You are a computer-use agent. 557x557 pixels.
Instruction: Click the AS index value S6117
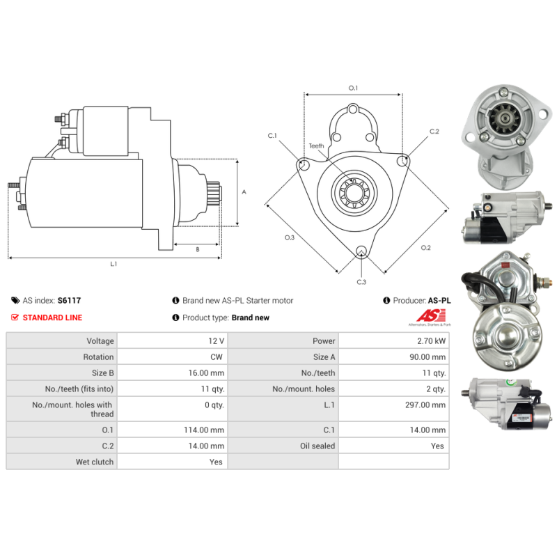[70, 301]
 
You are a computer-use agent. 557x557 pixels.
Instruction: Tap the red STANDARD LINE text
[52, 317]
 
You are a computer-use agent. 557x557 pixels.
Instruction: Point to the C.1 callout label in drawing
[272, 135]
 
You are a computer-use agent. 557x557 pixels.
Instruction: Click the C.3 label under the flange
[361, 281]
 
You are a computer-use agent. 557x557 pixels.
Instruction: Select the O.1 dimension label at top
[352, 88]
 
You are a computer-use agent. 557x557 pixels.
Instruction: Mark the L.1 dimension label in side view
[113, 264]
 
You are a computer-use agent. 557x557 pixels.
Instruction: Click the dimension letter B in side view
[197, 249]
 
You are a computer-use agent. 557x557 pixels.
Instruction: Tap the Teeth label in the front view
[317, 146]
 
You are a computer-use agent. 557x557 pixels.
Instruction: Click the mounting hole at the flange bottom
[361, 251]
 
